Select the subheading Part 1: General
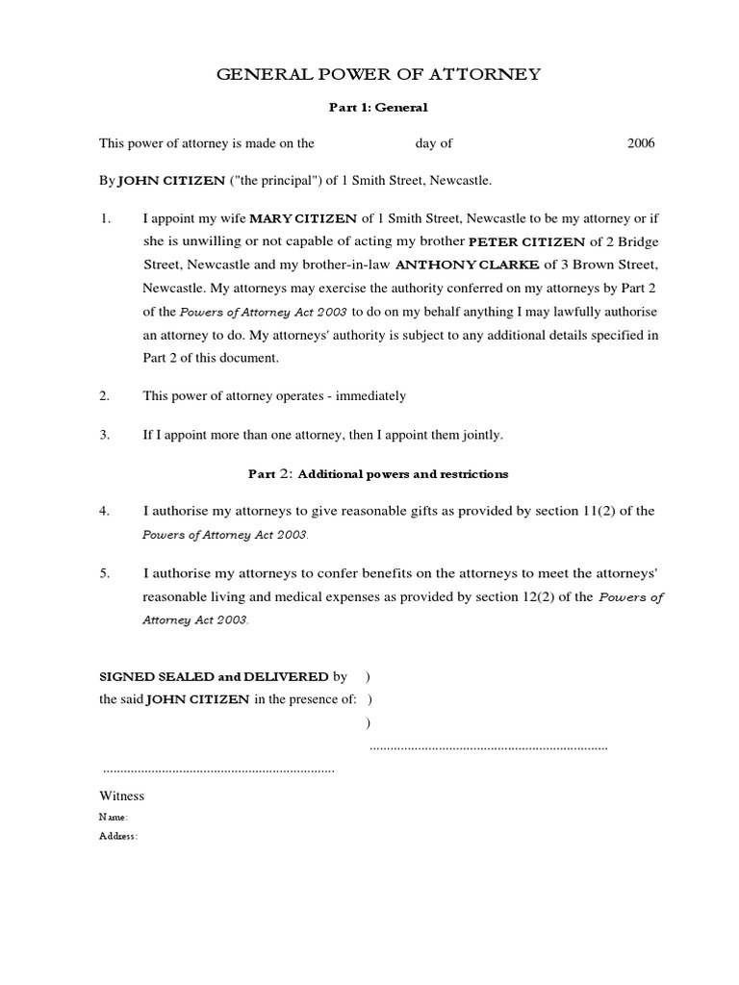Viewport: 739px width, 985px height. [x=375, y=109]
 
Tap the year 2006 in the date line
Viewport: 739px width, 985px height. [x=641, y=143]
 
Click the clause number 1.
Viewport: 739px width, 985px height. [x=106, y=218]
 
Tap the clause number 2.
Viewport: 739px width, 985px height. [x=106, y=395]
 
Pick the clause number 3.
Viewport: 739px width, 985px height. [x=106, y=435]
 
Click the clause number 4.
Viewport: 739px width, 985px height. [x=106, y=511]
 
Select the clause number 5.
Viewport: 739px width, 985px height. [x=106, y=573]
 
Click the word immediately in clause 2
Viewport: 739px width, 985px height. [x=370, y=395]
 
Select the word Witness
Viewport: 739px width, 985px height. [x=122, y=796]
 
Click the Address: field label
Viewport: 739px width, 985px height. [x=118, y=836]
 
